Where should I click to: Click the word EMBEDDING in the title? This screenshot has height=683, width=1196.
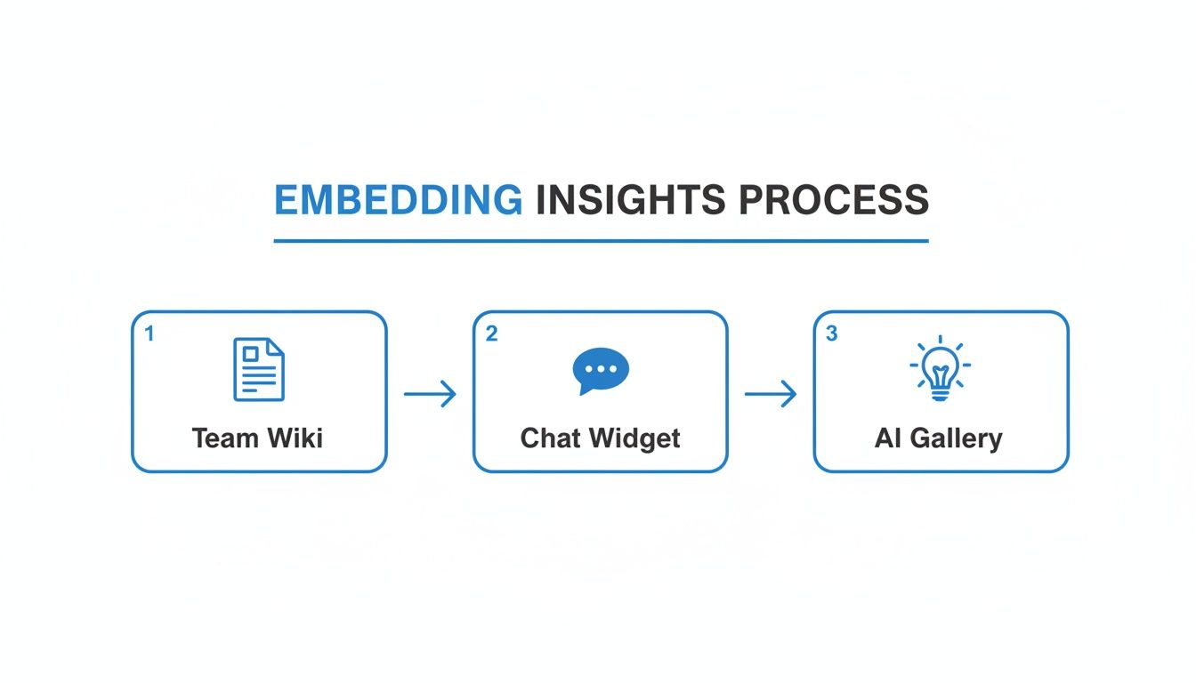(398, 201)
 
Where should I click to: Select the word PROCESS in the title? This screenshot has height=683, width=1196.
(834, 201)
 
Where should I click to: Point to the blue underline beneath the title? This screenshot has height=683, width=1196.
(601, 240)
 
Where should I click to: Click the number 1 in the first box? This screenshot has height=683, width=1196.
(149, 333)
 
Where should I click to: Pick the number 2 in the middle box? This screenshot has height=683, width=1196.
(491, 333)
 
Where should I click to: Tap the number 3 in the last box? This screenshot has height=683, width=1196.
(832, 333)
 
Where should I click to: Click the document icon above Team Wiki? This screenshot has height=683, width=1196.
(258, 369)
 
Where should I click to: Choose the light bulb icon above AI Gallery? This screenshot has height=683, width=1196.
(941, 368)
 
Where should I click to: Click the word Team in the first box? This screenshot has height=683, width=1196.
(224, 438)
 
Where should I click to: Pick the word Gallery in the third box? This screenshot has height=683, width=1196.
(958, 438)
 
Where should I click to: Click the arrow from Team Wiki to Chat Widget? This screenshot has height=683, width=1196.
(430, 393)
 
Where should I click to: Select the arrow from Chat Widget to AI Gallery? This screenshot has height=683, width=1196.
(771, 393)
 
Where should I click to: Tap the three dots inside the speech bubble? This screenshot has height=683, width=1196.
(601, 368)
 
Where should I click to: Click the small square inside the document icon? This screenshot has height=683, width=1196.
(250, 355)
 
